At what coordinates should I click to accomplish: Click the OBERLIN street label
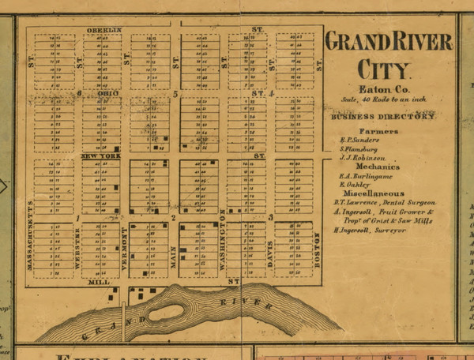click(x=104, y=30)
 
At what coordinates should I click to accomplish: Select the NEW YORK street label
click(x=100, y=156)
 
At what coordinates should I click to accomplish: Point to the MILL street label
click(x=99, y=281)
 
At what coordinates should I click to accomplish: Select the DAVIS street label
click(x=269, y=253)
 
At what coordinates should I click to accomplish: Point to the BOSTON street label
click(x=318, y=250)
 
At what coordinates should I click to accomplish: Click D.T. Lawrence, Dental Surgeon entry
click(x=383, y=202)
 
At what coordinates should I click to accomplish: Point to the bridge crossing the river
click(x=124, y=316)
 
